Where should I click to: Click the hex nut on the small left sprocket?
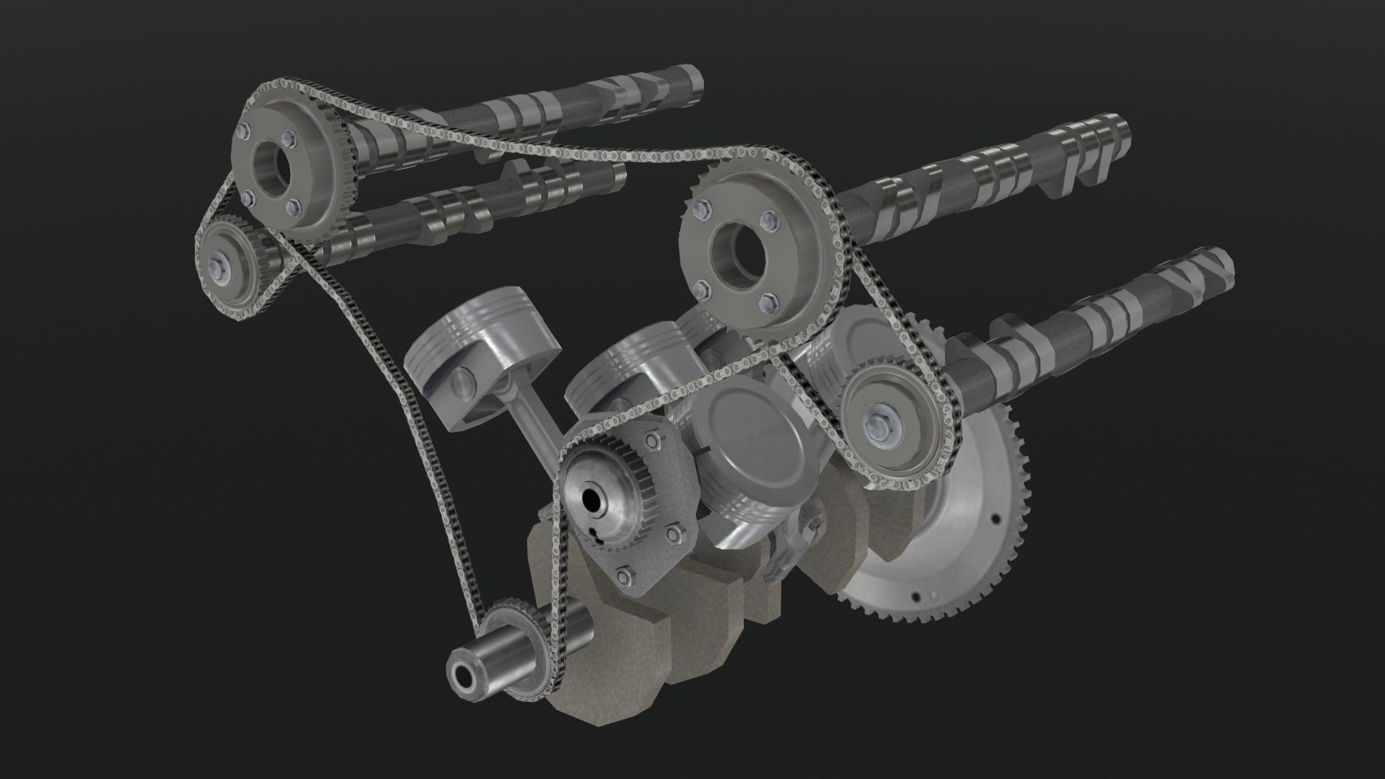[217, 264]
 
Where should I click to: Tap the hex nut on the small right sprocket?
[881, 428]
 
